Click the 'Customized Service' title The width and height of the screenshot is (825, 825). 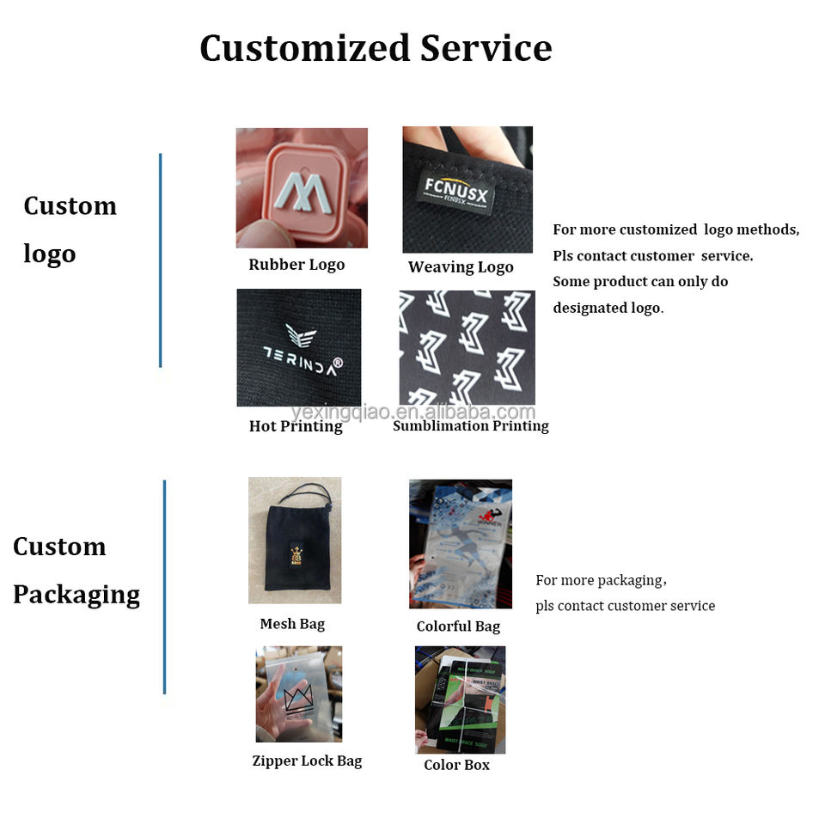point(376,48)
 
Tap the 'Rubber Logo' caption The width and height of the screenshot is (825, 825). point(296,265)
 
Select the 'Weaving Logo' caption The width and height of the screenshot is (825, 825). point(461,267)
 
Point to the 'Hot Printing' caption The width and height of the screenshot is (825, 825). point(296,426)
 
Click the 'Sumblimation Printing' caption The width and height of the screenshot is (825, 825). point(470,426)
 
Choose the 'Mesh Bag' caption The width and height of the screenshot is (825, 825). point(292,624)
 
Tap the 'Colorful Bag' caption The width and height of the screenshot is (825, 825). point(458,626)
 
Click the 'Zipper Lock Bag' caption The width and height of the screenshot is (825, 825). point(307,761)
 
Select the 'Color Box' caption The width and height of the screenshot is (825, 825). point(456,765)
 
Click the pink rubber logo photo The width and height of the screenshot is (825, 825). point(302,187)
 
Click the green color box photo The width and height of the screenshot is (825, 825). point(460,700)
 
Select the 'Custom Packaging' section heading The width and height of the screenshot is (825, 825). point(76,571)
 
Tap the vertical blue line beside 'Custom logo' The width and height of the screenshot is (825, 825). point(160,260)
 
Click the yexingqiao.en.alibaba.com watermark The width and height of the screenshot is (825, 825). point(412,412)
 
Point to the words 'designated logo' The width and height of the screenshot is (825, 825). point(608,308)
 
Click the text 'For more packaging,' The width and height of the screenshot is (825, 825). point(601,580)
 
